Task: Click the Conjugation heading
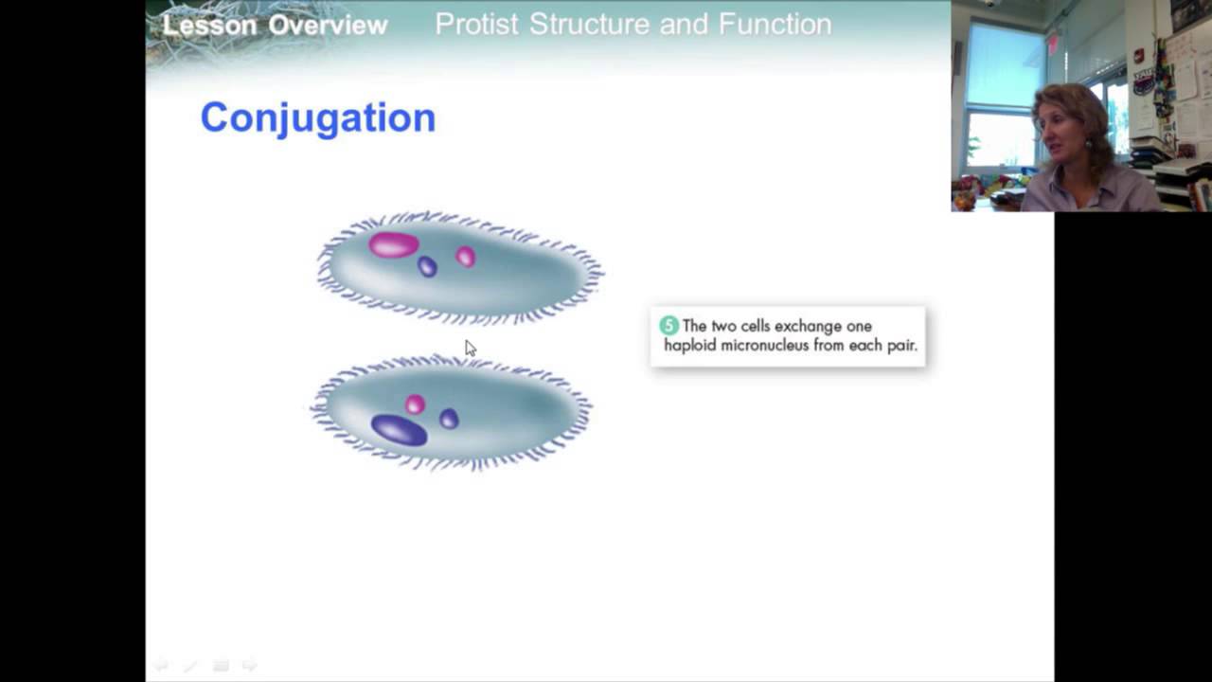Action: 317,118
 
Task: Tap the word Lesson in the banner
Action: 209,25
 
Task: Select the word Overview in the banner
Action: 328,25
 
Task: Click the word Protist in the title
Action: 476,25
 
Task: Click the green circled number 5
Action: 669,326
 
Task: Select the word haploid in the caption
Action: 689,346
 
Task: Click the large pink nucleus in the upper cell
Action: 393,245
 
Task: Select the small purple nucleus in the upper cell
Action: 427,267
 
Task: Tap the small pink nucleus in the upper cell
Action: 465,257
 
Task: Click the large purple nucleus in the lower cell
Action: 399,430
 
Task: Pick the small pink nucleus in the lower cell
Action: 415,405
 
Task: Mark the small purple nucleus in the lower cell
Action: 449,419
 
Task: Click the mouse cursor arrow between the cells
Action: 470,348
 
